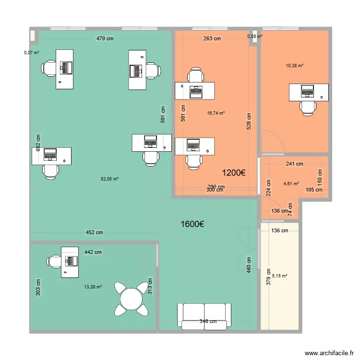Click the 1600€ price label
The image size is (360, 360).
(192, 224)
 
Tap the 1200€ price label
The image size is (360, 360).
(234, 173)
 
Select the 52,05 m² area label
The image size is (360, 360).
(109, 179)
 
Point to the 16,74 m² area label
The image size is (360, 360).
(216, 113)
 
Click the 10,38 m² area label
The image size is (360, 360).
(295, 66)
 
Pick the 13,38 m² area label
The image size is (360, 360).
(93, 287)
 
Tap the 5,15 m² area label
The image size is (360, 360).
(280, 276)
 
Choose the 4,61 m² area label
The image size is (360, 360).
(291, 184)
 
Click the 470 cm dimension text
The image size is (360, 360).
(105, 38)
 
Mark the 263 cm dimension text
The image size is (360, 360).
(212, 38)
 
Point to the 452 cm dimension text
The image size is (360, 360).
(95, 233)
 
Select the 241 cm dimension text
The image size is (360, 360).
(294, 164)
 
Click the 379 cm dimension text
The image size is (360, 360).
(268, 277)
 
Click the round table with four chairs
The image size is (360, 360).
(132, 299)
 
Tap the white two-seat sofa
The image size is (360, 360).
(204, 316)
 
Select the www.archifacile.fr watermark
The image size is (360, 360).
(329, 353)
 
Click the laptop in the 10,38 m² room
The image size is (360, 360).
(307, 91)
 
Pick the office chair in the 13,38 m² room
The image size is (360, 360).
(54, 262)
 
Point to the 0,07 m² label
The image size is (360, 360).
(32, 53)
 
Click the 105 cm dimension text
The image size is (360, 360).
(314, 190)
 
